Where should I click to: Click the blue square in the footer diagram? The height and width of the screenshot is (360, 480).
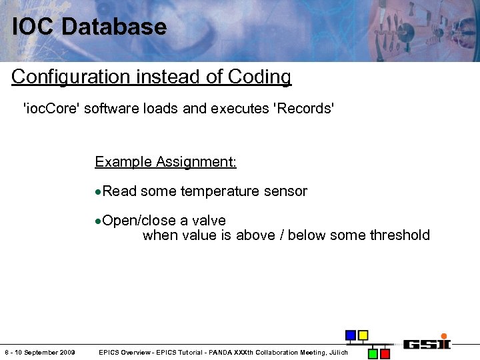pyautogui.click(x=350, y=335)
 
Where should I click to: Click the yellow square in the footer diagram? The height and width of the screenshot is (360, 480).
pyautogui.click(x=363, y=335)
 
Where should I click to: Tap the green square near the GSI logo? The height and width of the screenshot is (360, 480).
pyautogui.click(x=373, y=353)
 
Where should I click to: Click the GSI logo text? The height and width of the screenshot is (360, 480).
pyautogui.click(x=426, y=344)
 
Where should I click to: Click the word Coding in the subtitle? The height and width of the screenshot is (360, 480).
pyautogui.click(x=259, y=77)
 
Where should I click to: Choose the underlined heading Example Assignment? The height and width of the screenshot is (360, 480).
pyautogui.click(x=165, y=162)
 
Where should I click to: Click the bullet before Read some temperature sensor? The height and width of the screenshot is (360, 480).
pyautogui.click(x=98, y=192)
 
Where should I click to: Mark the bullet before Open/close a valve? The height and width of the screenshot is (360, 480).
pyautogui.click(x=98, y=221)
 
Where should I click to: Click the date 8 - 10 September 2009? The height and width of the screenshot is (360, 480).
pyautogui.click(x=39, y=353)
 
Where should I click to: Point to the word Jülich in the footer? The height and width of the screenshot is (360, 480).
pyautogui.click(x=336, y=353)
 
